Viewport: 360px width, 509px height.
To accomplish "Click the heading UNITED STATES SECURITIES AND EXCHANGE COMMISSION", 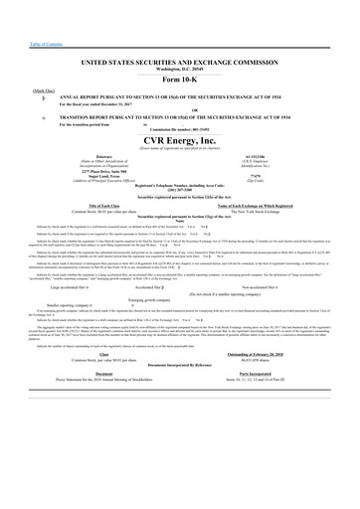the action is [180, 62].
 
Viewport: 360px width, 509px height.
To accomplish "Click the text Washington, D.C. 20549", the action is [180, 69].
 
